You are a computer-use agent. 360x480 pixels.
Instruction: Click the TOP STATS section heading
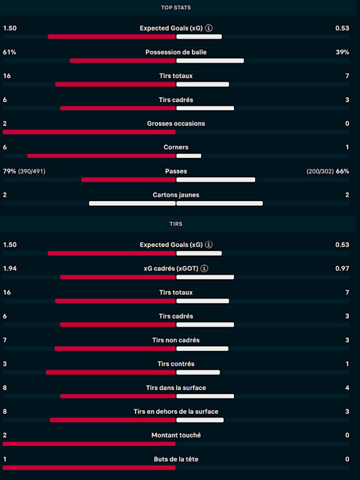176,7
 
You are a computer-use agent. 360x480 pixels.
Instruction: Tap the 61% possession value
9,52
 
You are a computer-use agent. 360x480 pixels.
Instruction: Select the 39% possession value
342,52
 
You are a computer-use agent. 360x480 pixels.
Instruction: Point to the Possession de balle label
176,52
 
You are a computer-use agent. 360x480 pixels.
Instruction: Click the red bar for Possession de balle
123,60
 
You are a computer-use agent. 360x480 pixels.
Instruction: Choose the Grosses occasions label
176,124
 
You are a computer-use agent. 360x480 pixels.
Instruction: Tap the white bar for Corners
189,156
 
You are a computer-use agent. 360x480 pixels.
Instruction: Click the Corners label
176,147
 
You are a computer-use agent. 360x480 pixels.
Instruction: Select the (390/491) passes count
32,172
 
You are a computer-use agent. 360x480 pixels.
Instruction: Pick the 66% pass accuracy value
343,172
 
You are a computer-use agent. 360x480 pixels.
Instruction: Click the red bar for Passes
128,180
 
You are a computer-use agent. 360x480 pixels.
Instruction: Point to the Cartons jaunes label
176,195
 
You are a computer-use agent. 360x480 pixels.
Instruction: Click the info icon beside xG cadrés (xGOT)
204,269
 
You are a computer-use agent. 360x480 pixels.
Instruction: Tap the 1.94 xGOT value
10,269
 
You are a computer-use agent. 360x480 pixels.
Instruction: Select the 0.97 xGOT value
342,269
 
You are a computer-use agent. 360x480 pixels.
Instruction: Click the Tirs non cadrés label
176,340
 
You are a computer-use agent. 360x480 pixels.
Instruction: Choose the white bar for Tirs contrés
198,372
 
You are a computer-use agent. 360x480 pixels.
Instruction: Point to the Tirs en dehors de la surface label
176,412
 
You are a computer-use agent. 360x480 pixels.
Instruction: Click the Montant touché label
176,435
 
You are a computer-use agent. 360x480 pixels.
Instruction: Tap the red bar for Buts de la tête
89,468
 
